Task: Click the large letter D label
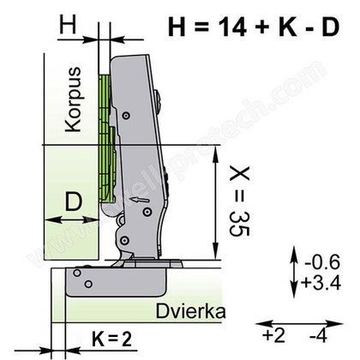click(x=75, y=204)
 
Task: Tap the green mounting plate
click(x=106, y=137)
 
